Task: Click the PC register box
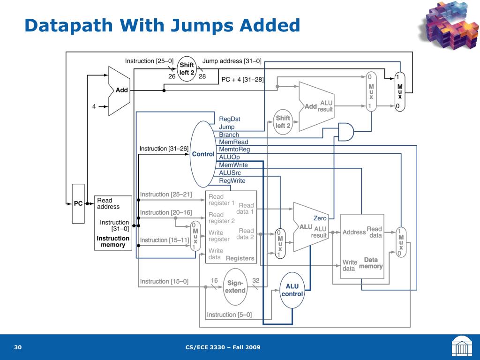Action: point(78,203)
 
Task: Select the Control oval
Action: point(203,154)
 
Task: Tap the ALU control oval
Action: point(292,290)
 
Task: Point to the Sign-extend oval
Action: point(235,287)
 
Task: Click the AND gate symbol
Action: point(346,132)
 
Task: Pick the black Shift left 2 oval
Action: point(187,69)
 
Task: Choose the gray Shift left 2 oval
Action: point(283,122)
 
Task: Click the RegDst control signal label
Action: point(230,119)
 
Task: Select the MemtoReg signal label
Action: point(234,150)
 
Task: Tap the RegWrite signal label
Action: point(232,181)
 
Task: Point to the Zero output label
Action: point(320,218)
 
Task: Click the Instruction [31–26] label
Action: point(164,149)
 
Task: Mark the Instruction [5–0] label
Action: point(229,315)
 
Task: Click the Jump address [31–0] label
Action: point(232,61)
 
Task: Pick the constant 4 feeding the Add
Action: point(94,106)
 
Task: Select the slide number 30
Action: point(18,347)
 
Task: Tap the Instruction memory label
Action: point(113,241)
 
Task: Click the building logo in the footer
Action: point(462,347)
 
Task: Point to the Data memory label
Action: point(371,263)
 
